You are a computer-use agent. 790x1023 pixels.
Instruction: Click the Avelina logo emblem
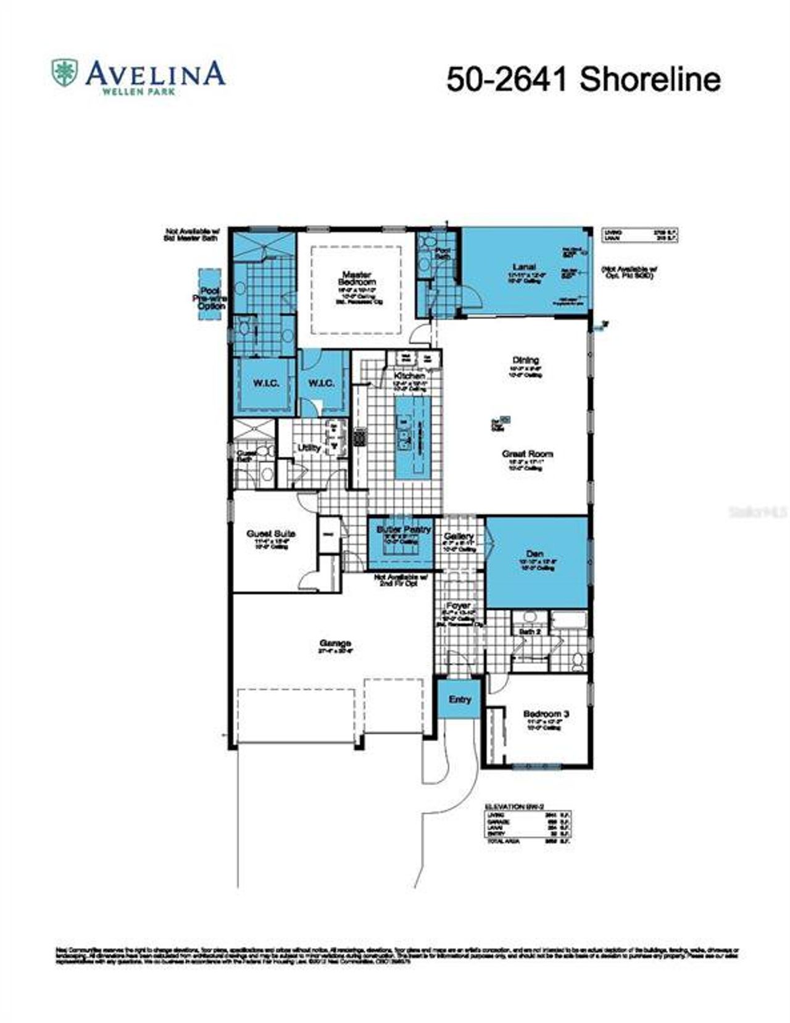[x=64, y=73]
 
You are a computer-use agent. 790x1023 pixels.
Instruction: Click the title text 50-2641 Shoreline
[x=583, y=80]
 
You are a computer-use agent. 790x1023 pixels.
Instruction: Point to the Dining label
[x=525, y=360]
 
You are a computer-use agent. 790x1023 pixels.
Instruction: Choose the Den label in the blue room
[x=535, y=553]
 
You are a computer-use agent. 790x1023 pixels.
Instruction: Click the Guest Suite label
[x=271, y=533]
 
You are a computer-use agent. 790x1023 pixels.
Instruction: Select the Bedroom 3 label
[x=546, y=714]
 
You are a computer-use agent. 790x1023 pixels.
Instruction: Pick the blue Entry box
[x=460, y=699]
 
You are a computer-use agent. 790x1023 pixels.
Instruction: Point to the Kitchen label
[x=410, y=376]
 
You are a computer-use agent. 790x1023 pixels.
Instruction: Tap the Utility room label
[x=309, y=448]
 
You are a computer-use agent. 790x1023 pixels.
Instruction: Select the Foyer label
[x=458, y=605]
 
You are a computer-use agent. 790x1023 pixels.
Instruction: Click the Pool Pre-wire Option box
[x=209, y=294]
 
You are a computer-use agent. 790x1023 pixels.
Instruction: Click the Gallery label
[x=459, y=536]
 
